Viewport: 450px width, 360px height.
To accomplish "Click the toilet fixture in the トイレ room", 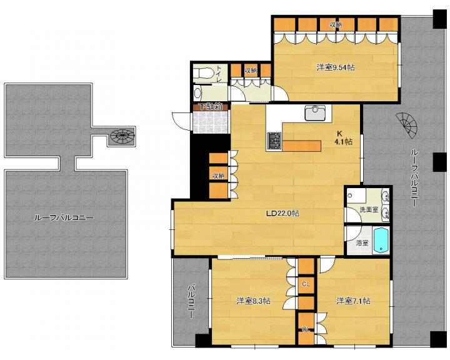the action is coord(203,73).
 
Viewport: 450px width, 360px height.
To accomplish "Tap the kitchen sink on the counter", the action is coord(315,112).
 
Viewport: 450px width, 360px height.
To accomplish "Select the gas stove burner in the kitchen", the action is coord(274,141).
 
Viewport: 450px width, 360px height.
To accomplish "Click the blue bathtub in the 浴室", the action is coord(381,241).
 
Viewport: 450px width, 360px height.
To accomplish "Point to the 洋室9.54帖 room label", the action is coord(336,67).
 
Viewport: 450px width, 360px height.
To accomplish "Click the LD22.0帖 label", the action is coord(282,213).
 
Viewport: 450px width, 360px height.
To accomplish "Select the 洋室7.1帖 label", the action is coord(353,301).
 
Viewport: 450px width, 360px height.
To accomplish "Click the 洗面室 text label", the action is coord(369,210).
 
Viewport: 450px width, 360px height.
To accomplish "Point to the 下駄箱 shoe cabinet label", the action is coord(211,107).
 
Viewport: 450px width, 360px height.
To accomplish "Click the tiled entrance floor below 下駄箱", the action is coord(211,122).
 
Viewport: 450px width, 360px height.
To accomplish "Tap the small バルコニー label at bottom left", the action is coord(191,301).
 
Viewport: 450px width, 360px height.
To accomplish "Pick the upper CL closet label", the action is coord(306,284).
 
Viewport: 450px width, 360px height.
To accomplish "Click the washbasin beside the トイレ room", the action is coord(197,92).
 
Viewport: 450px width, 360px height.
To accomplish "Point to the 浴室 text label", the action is coord(362,243).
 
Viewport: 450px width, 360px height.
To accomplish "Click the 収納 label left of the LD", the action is coord(218,176).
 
